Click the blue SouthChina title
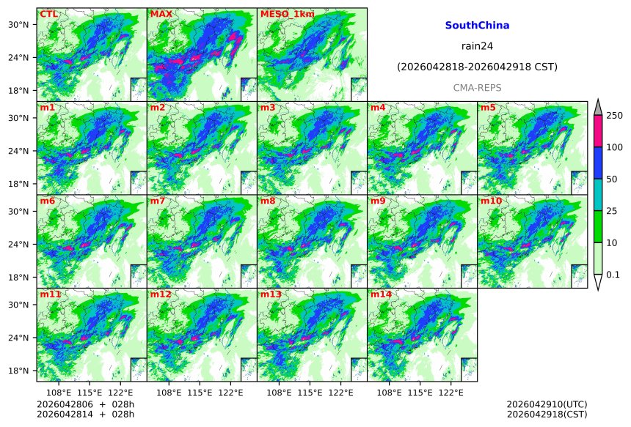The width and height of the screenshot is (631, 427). coord(477,26)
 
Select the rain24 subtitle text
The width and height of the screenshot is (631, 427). coord(477,46)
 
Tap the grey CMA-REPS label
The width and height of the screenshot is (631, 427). coord(477,88)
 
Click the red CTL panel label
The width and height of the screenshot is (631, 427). coord(49,14)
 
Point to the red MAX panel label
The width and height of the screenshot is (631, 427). coord(161,14)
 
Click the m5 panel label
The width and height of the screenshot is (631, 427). coord(489,108)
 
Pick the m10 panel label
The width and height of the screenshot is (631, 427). coord(492,201)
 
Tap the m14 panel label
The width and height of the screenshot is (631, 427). coord(382,294)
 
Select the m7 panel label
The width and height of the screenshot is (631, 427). coord(158,201)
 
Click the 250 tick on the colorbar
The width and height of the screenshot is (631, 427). coord(614,115)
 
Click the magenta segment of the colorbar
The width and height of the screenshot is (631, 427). coord(597,131)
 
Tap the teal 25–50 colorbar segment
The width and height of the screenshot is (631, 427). coord(597,194)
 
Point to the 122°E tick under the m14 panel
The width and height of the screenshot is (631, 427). coord(451,393)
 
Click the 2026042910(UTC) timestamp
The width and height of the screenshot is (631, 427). coord(547,404)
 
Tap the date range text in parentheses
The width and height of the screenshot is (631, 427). coord(477,67)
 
